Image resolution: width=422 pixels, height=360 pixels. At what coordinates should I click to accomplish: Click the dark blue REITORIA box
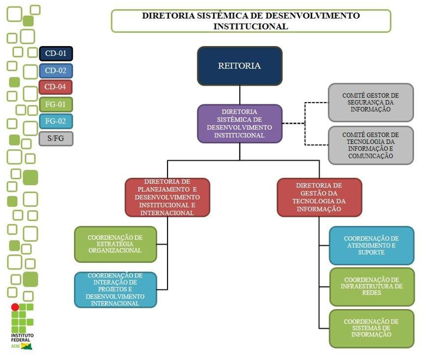(239, 66)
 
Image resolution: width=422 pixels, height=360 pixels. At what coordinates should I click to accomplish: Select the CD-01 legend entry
(56, 53)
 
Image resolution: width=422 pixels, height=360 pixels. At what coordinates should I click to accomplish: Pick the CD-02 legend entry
(56, 70)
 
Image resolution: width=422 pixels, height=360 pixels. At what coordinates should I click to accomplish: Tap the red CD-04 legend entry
(56, 87)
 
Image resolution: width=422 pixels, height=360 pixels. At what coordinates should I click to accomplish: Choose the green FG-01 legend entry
(56, 104)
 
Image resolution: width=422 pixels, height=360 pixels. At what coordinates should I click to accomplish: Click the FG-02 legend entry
(56, 121)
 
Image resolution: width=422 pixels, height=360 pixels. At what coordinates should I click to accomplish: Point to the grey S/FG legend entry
(56, 138)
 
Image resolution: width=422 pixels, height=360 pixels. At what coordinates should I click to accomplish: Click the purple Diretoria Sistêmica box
(239, 123)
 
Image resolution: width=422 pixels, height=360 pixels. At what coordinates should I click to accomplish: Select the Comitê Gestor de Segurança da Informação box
(370, 103)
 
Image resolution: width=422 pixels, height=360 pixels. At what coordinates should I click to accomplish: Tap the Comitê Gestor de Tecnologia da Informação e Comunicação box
(370, 144)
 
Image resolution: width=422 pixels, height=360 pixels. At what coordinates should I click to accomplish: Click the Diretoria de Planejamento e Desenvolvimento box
(168, 197)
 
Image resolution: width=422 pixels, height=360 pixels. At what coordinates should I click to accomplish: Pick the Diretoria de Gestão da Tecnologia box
(319, 197)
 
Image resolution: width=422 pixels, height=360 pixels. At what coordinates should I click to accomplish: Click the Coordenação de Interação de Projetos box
(115, 290)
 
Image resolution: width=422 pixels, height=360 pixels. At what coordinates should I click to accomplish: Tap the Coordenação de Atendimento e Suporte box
(371, 245)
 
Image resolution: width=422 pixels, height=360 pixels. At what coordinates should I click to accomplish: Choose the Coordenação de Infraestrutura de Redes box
(371, 286)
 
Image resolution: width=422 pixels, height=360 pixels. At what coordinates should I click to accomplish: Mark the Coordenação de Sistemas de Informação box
(371, 328)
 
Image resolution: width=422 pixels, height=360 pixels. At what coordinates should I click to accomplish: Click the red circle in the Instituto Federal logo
(15, 307)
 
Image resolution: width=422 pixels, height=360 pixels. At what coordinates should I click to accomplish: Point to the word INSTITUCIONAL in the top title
(250, 26)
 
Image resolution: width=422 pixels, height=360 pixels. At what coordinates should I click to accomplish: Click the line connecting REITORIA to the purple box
(239, 95)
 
